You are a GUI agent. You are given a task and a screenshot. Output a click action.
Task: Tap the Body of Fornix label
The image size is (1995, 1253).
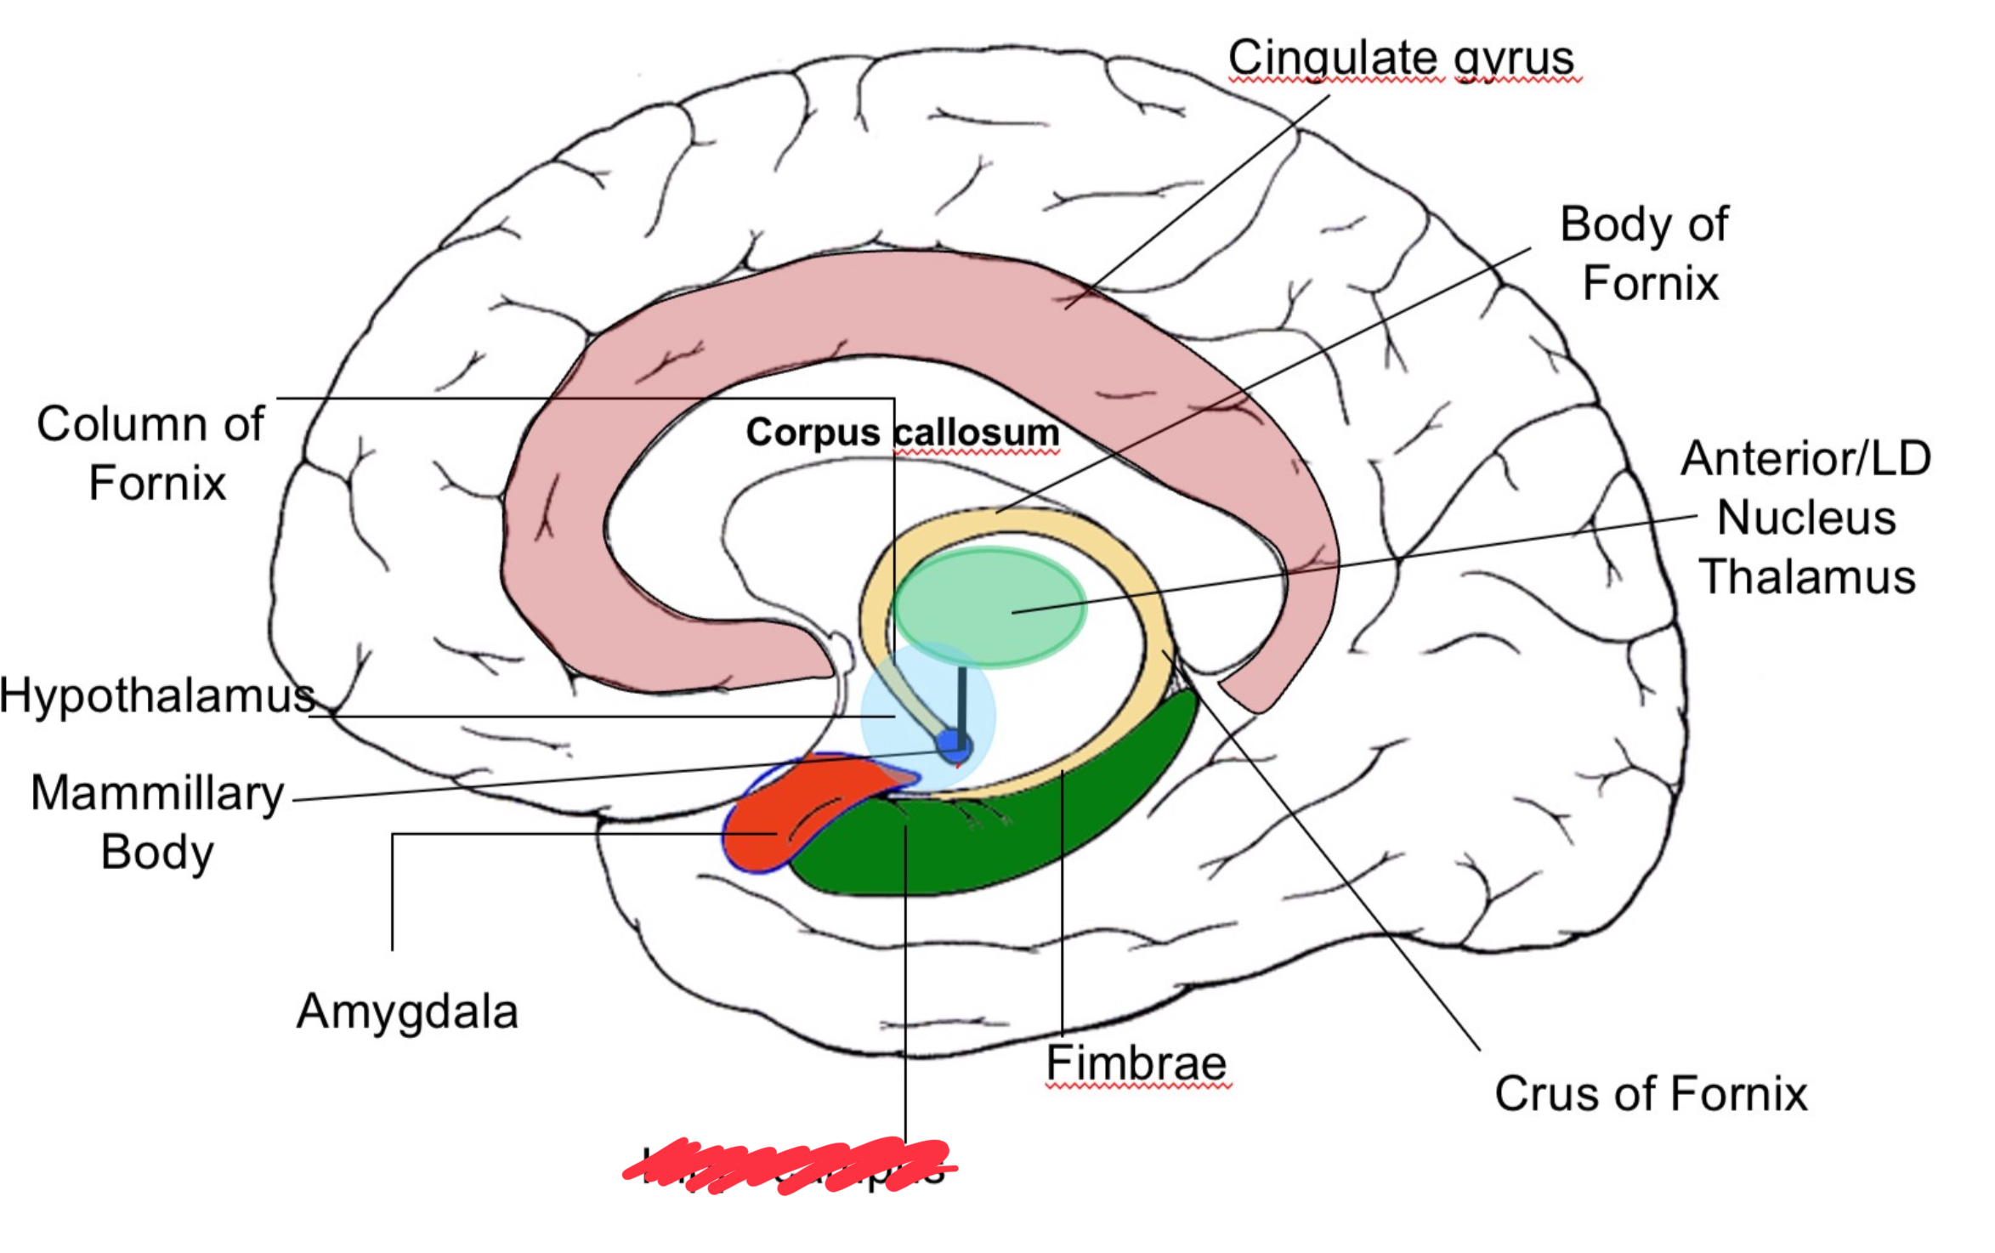coord(1644,252)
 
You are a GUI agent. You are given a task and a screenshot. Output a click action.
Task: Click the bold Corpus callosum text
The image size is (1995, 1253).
coord(902,432)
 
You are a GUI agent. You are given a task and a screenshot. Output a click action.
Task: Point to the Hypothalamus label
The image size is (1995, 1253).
coord(156,695)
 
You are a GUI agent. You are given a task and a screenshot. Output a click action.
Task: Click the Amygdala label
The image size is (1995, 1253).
coord(407,1012)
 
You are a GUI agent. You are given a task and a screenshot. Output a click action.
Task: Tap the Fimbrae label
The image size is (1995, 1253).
coord(1136,1063)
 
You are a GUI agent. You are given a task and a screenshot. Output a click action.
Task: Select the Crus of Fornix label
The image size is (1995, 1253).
coord(1650,1093)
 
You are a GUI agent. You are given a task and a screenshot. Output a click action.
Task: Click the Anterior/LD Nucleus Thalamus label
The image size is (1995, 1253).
coord(1805,517)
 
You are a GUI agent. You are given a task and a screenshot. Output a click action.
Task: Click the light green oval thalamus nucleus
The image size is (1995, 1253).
coord(989,606)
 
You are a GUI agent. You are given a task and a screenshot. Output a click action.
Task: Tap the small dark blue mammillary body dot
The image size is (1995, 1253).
coord(953,746)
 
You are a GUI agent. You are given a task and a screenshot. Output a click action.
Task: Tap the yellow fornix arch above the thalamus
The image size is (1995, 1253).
coord(1012,523)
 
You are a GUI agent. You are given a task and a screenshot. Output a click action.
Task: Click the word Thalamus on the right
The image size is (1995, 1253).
coord(1806,576)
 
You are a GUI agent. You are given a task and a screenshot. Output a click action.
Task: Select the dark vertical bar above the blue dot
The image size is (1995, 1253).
coord(961,697)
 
